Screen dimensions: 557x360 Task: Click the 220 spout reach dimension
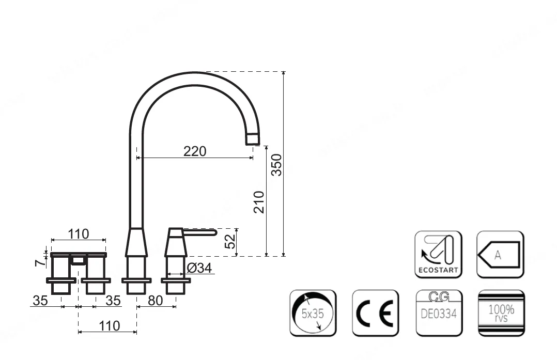coord(195,152)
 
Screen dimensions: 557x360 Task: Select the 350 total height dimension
coord(276,165)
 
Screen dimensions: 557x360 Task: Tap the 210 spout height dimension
coord(259,202)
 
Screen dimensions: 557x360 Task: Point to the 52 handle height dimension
coord(230,241)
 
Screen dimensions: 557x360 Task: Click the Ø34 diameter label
coord(199,268)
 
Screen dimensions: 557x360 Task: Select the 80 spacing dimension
coord(155,301)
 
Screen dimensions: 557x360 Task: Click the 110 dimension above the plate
coord(79,234)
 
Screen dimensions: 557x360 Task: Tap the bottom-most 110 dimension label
coord(109,326)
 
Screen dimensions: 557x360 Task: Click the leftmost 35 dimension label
coord(40,301)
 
